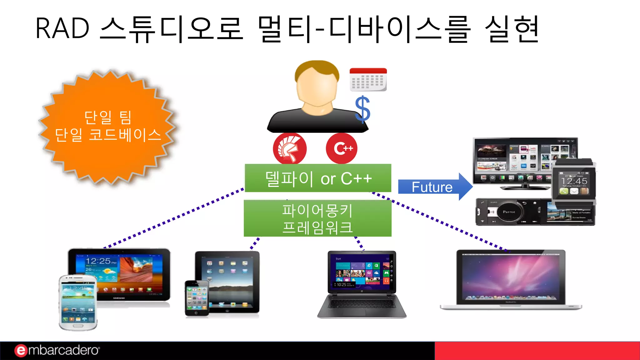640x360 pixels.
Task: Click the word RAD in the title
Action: (62, 29)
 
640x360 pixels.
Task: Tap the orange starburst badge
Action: (108, 127)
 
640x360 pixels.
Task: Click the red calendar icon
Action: (368, 79)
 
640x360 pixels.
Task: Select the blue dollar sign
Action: (362, 109)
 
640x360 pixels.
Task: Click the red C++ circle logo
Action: (342, 148)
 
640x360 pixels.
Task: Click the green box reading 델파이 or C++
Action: (318, 178)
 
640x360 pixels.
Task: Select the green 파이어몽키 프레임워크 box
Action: (317, 218)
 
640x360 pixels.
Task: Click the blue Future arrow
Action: (434, 187)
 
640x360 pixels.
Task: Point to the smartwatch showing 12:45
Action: (574, 183)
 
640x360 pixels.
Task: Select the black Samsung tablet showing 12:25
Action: (131, 272)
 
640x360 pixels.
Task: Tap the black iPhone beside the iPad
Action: (197, 298)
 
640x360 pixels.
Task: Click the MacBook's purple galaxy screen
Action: (511, 277)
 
